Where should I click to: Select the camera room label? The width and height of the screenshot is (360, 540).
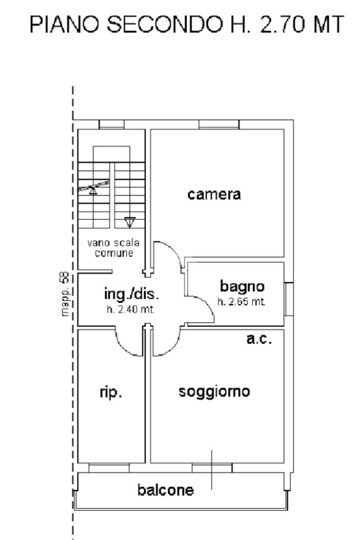click(214, 194)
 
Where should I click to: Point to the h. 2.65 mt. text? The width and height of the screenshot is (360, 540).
click(241, 302)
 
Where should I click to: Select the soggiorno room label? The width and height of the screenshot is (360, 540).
click(213, 392)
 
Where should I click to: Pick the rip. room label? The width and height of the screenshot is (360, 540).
click(111, 393)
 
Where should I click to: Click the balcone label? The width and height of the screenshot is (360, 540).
click(166, 490)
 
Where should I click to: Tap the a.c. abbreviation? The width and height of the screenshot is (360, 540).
click(259, 339)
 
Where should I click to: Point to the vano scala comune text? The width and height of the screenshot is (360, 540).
click(113, 248)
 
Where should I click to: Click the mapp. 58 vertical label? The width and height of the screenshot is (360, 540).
click(65, 295)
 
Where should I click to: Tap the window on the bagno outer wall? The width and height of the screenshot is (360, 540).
click(288, 299)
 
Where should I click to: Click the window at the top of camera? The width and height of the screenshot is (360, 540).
click(219, 124)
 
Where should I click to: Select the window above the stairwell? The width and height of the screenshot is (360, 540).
click(111, 124)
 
